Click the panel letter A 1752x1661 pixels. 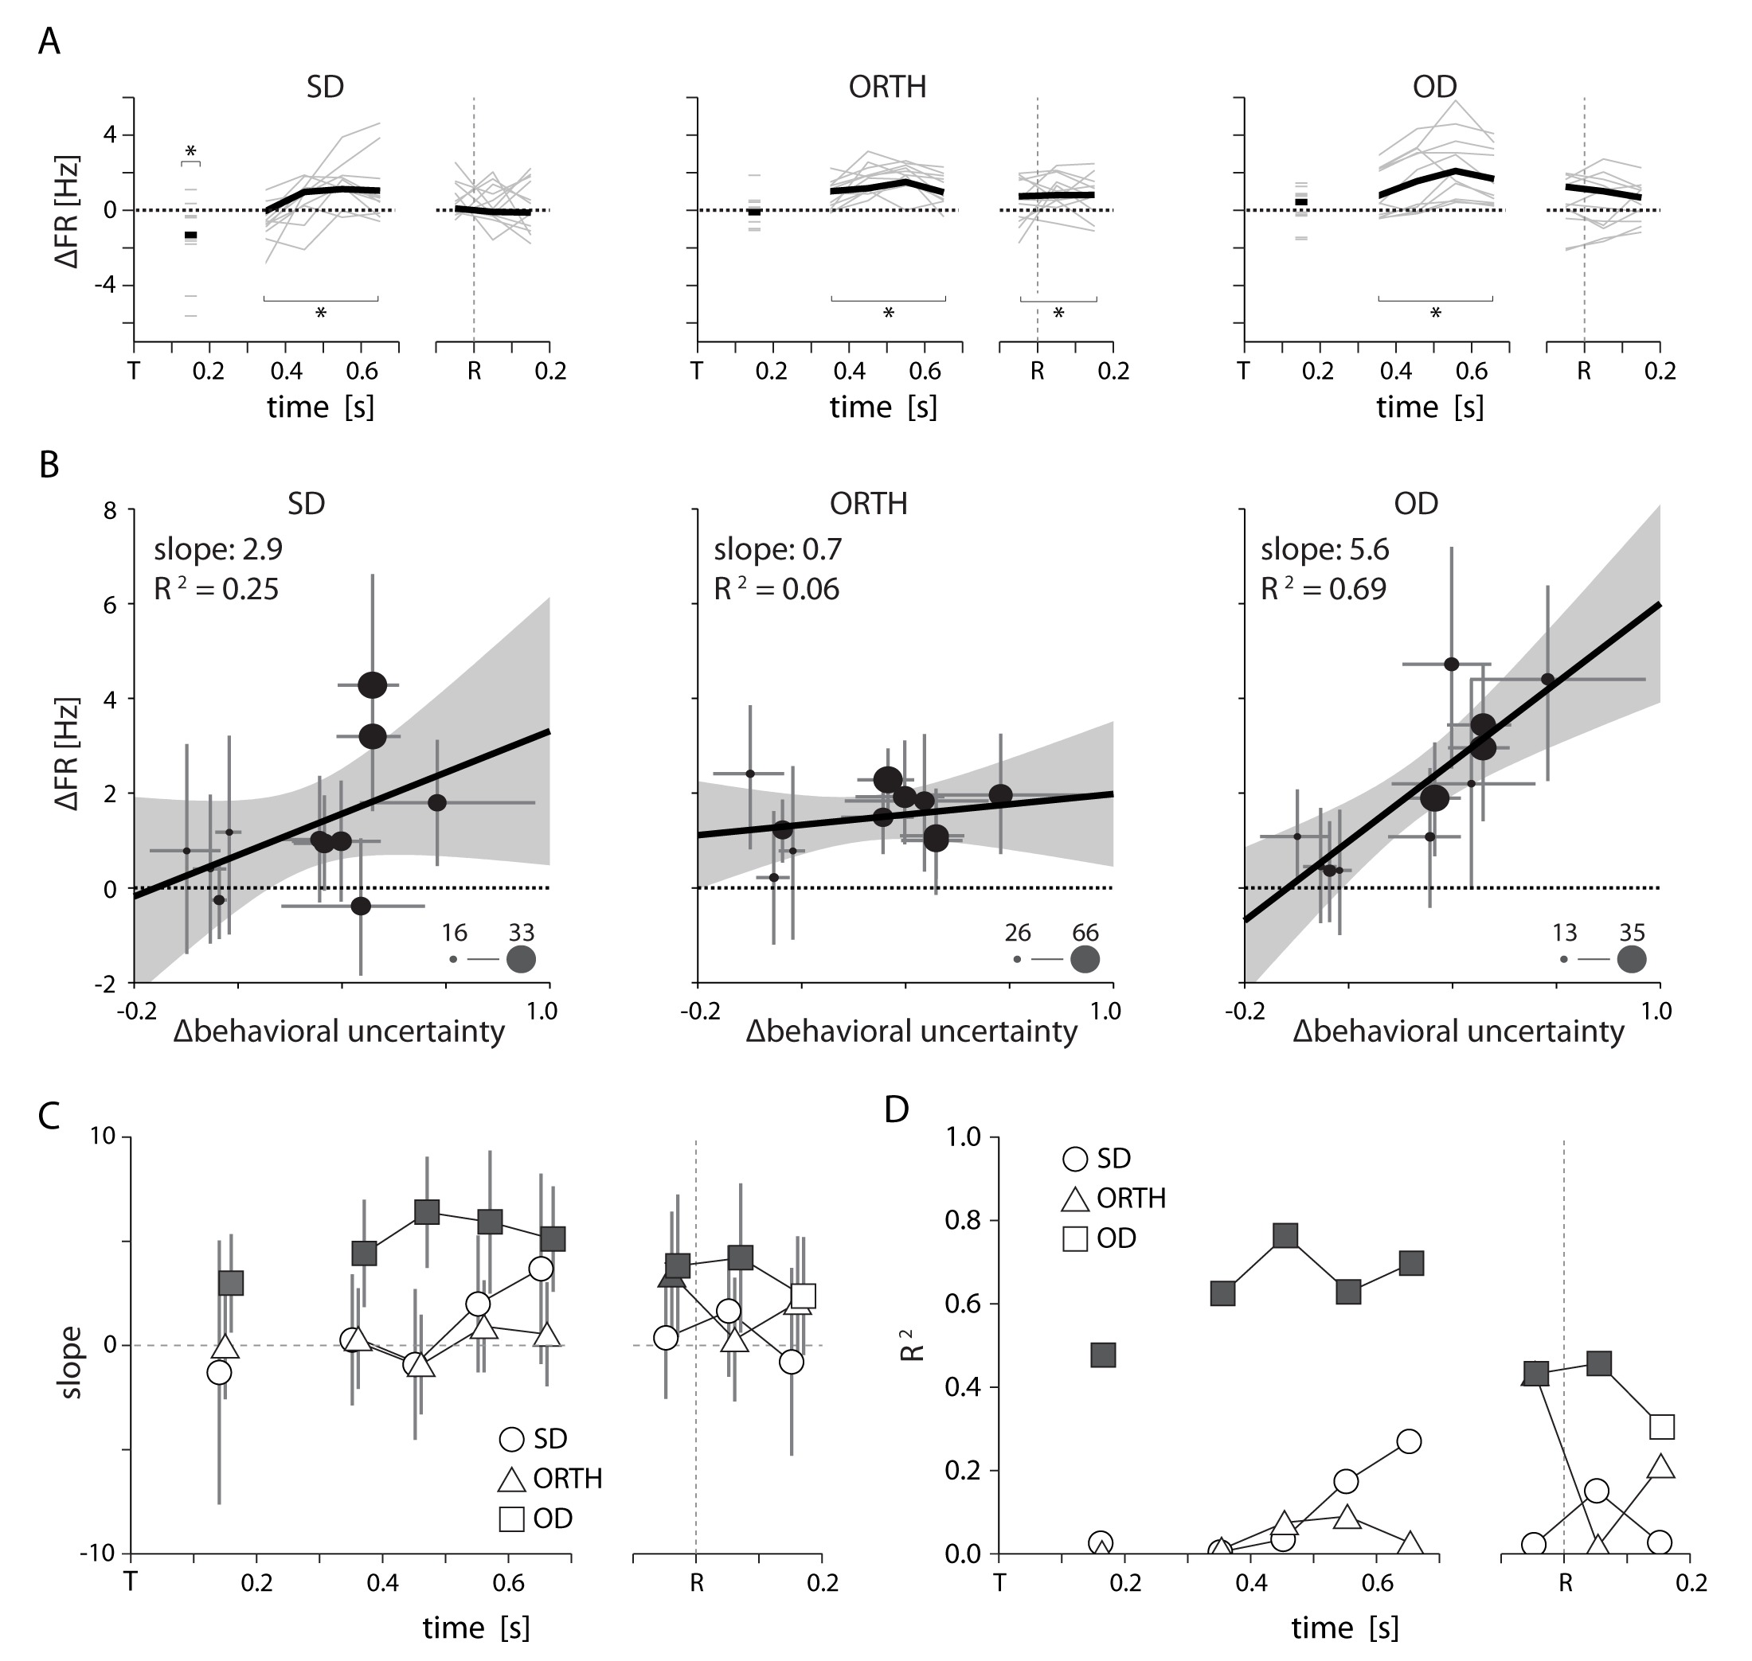[49, 42]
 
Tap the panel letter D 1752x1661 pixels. [897, 1109]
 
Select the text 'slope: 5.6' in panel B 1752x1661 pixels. [1324, 550]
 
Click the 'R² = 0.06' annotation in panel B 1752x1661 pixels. [776, 590]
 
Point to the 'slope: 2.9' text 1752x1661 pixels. [218, 550]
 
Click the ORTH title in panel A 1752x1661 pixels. [886, 87]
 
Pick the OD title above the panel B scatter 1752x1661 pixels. [1415, 504]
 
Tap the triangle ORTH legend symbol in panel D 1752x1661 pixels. [1075, 1199]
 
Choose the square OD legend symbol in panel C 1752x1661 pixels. [512, 1519]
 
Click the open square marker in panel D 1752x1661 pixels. [1663, 1426]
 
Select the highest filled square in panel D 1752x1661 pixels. [1285, 1236]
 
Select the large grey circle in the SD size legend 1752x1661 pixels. [521, 959]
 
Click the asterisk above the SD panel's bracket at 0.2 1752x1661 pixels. [190, 151]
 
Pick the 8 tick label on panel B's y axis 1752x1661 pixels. [110, 511]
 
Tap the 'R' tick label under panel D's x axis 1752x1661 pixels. [1565, 1582]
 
